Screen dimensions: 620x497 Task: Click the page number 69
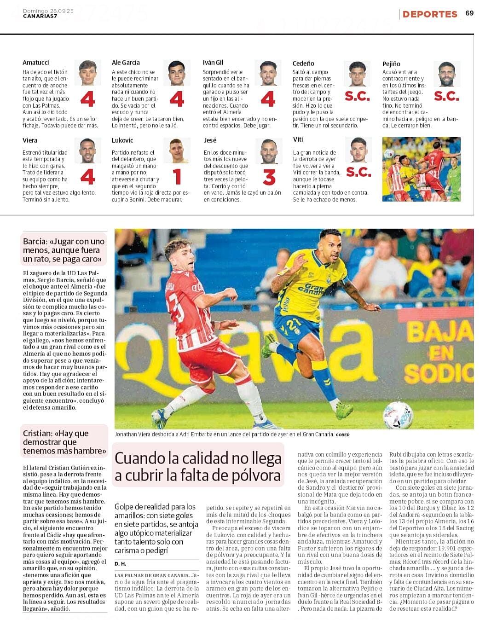point(469,13)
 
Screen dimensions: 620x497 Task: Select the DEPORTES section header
point(430,14)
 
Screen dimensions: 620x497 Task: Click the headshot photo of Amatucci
point(87,73)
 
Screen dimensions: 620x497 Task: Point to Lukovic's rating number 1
point(178,177)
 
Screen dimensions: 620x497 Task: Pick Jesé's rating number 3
point(269,177)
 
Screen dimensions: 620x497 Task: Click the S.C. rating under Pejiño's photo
point(446,96)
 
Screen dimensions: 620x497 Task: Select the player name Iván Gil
point(213,63)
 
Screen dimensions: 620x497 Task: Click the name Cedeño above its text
point(303,64)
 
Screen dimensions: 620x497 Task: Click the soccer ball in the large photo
point(398,415)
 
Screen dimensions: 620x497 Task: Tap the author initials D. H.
point(120,564)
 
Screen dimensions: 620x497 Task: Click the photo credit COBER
point(342,435)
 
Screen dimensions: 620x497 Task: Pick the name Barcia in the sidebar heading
point(35,242)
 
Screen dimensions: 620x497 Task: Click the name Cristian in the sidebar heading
point(37,434)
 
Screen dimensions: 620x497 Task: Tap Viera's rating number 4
point(87,177)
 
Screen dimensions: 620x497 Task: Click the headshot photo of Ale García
point(176,73)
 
